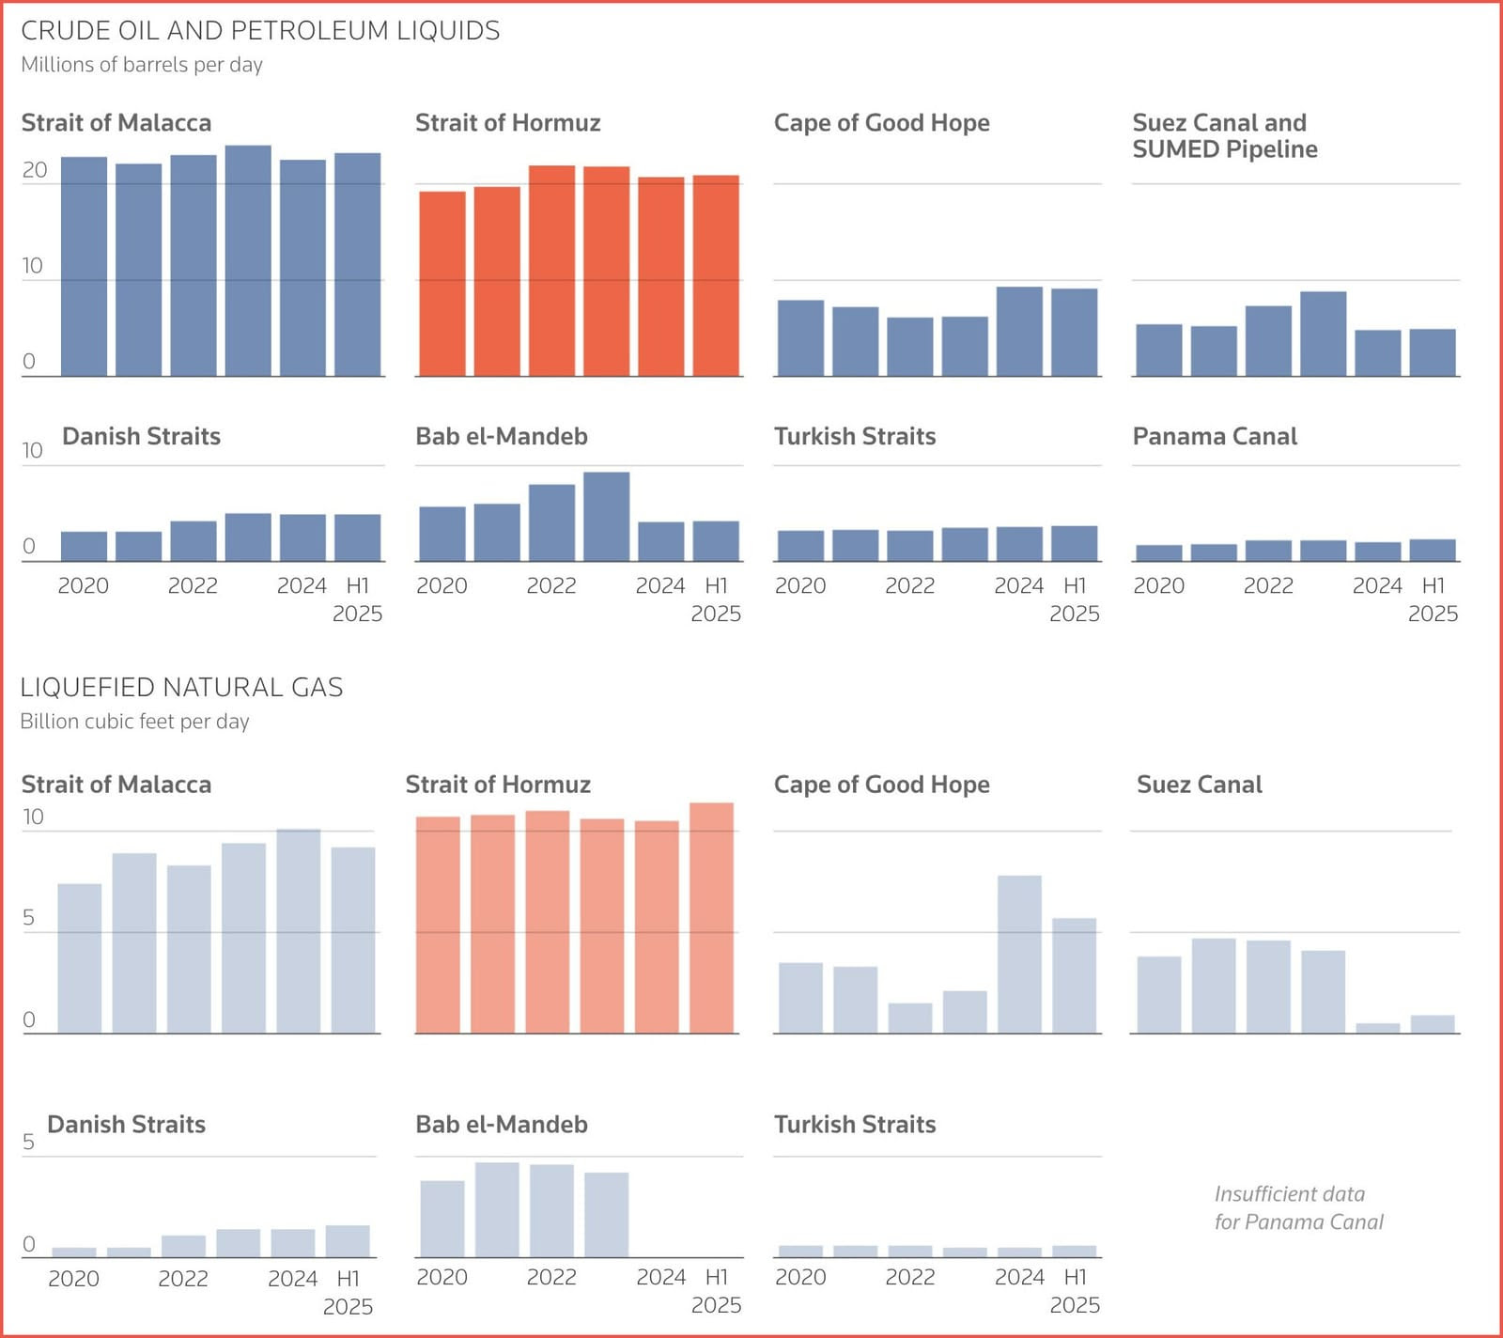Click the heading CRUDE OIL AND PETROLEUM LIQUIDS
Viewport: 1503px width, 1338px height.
click(260, 31)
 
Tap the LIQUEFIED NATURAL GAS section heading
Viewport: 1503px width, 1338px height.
click(181, 688)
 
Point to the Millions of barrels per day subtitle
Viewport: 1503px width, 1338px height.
click(142, 65)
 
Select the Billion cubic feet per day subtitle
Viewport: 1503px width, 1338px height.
click(134, 722)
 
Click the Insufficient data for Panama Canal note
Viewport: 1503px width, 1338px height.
click(1298, 1208)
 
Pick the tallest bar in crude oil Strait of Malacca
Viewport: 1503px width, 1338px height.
click(248, 261)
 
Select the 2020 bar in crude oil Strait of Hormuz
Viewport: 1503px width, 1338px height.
click(442, 284)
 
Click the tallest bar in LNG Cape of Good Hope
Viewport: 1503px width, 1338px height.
click(1019, 955)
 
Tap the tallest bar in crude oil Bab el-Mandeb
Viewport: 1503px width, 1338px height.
click(606, 517)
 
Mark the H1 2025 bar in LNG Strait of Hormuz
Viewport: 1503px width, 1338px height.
click(712, 918)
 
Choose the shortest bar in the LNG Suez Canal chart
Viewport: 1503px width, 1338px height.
click(1378, 1028)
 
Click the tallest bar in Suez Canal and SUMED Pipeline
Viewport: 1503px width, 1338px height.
click(1324, 334)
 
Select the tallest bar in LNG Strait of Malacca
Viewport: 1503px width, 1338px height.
click(299, 931)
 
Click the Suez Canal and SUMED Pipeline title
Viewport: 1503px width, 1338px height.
click(1224, 136)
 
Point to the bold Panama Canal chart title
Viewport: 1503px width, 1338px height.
click(1215, 437)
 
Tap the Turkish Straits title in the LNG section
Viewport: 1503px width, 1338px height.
click(855, 1125)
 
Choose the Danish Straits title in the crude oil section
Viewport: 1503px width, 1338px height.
click(141, 437)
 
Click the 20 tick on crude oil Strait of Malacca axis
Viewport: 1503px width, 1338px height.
click(35, 170)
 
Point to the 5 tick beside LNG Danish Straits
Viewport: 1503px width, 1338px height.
click(28, 1142)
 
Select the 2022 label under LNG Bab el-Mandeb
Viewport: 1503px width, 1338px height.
click(551, 1277)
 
